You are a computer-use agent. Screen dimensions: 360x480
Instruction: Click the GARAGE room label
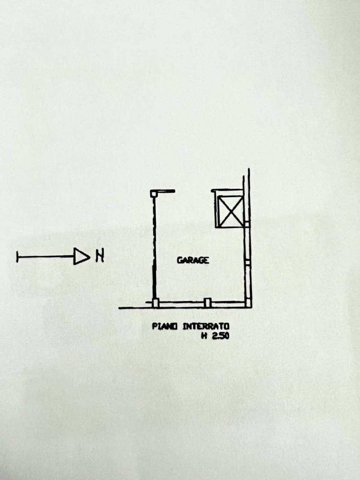pyautogui.click(x=193, y=260)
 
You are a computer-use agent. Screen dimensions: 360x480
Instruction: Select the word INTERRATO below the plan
pyautogui.click(x=206, y=326)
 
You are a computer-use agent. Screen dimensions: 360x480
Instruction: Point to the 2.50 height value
pyautogui.click(x=220, y=336)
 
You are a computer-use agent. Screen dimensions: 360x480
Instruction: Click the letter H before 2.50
pyautogui.click(x=204, y=336)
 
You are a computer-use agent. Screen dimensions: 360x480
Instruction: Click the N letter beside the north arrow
pyautogui.click(x=100, y=256)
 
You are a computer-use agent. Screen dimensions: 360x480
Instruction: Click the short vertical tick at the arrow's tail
pyautogui.click(x=17, y=256)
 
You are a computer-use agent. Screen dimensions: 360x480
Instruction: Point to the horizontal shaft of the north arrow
pyautogui.click(x=46, y=256)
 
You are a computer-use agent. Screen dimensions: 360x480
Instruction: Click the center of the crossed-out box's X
pyautogui.click(x=230, y=211)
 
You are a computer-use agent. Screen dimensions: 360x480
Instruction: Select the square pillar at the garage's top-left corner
pyautogui.click(x=154, y=193)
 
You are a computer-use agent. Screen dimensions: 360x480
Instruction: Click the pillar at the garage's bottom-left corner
pyautogui.click(x=156, y=303)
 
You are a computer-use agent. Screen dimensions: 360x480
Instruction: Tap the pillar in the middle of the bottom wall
pyautogui.click(x=207, y=303)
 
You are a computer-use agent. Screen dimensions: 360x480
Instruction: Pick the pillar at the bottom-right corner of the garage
pyautogui.click(x=248, y=303)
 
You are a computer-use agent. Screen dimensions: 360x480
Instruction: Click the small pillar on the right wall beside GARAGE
pyautogui.click(x=247, y=263)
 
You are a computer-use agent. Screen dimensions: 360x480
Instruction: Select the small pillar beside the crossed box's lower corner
pyautogui.click(x=247, y=224)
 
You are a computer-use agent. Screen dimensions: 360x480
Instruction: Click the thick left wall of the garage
pyautogui.click(x=155, y=248)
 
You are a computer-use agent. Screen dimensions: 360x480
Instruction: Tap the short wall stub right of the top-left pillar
pyautogui.click(x=166, y=192)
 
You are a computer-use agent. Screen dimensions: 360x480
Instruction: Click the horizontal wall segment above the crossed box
pyautogui.click(x=227, y=191)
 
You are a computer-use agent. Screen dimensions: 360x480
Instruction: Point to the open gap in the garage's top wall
pyautogui.click(x=193, y=191)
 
